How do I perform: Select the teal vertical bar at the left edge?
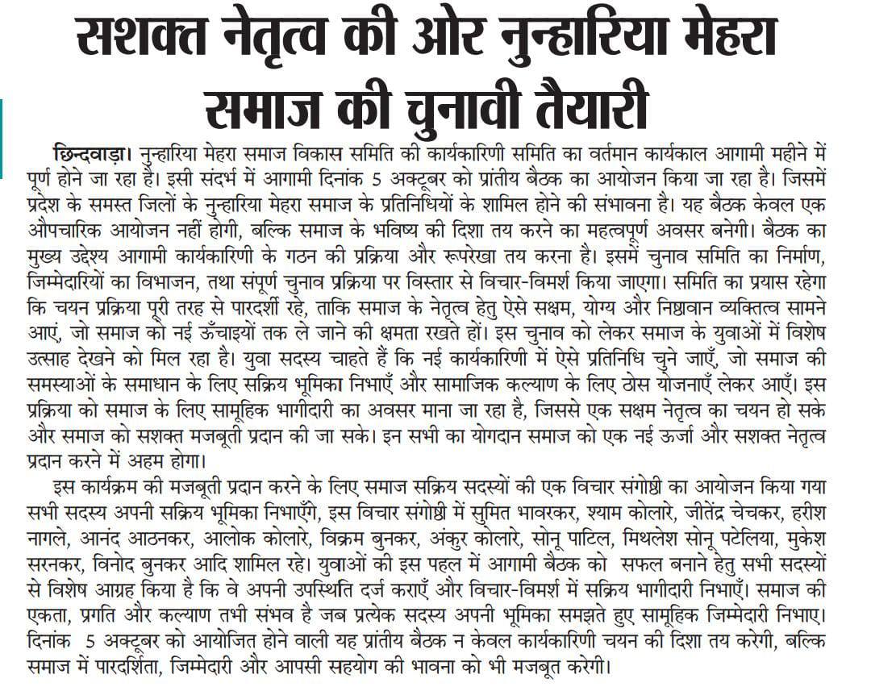pyautogui.click(x=2, y=138)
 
